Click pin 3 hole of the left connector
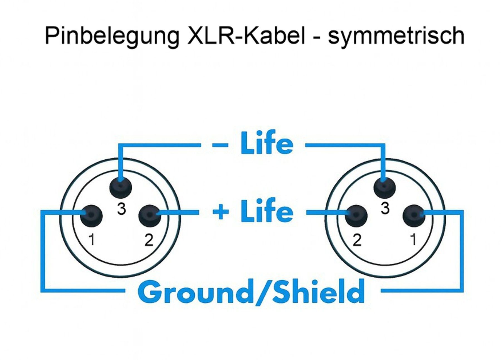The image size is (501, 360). (121, 187)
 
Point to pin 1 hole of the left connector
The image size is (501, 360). (91, 216)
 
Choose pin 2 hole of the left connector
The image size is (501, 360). (150, 216)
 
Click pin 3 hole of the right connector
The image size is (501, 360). (385, 187)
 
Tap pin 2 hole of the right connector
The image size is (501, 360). (356, 216)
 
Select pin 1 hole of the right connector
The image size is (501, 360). (414, 216)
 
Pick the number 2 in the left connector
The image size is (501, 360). (149, 240)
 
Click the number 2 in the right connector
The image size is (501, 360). (357, 240)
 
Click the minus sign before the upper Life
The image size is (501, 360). (220, 145)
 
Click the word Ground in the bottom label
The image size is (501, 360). (195, 291)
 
